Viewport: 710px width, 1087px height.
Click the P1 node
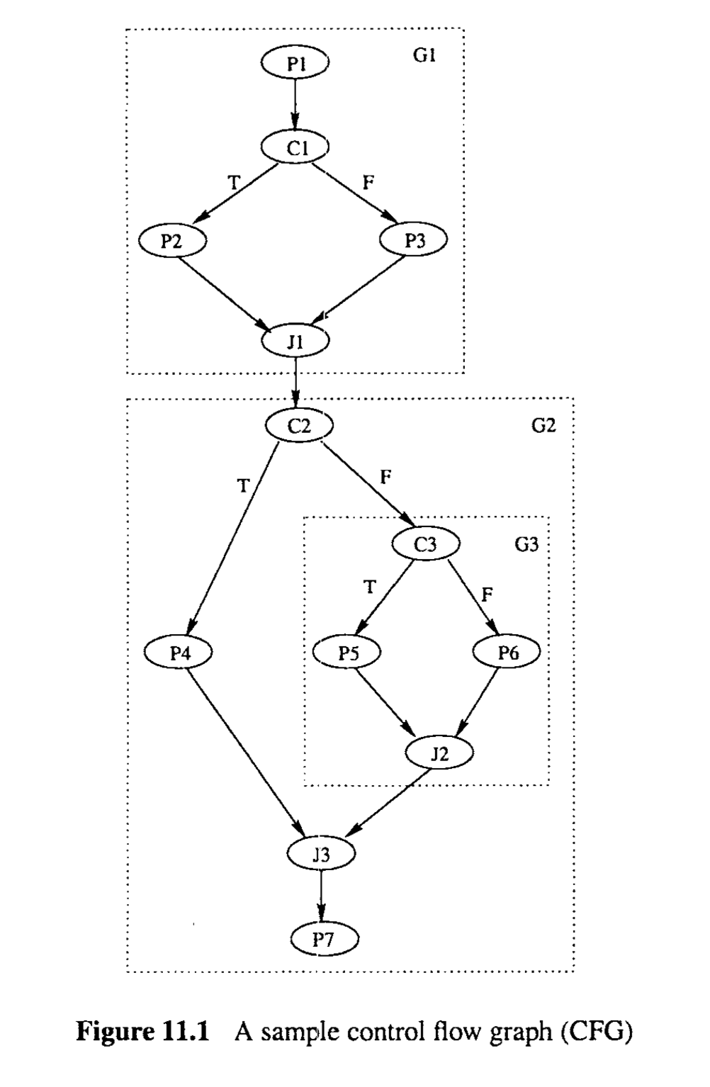click(x=295, y=64)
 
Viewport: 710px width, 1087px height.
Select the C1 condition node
click(x=295, y=147)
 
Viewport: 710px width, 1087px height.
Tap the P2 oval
click(x=172, y=241)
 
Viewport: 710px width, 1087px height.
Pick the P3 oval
click(x=415, y=241)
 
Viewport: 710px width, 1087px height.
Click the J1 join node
click(x=295, y=342)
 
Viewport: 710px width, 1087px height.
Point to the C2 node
click(x=299, y=425)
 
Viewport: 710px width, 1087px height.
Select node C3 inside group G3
click(x=427, y=544)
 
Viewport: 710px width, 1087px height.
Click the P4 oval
click(x=179, y=653)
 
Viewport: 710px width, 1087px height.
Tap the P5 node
click(x=347, y=653)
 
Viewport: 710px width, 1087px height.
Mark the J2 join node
click(x=439, y=753)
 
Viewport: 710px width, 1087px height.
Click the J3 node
click(x=321, y=854)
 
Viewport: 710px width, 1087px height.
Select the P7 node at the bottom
click(x=325, y=940)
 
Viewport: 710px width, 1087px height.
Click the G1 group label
click(x=424, y=55)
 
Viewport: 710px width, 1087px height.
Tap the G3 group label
click(x=526, y=545)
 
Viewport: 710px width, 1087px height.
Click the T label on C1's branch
click(x=233, y=183)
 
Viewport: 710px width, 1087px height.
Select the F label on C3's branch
click(x=486, y=594)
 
